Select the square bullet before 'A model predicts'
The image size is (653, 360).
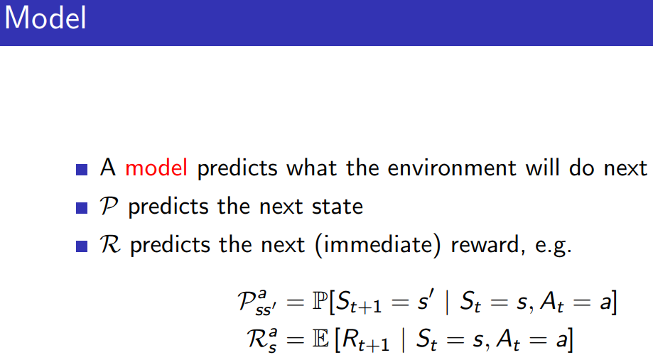pos(83,170)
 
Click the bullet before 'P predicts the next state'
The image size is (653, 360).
pos(83,208)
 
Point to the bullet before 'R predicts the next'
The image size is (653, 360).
pos(83,246)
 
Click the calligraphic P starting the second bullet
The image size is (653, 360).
pos(109,207)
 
